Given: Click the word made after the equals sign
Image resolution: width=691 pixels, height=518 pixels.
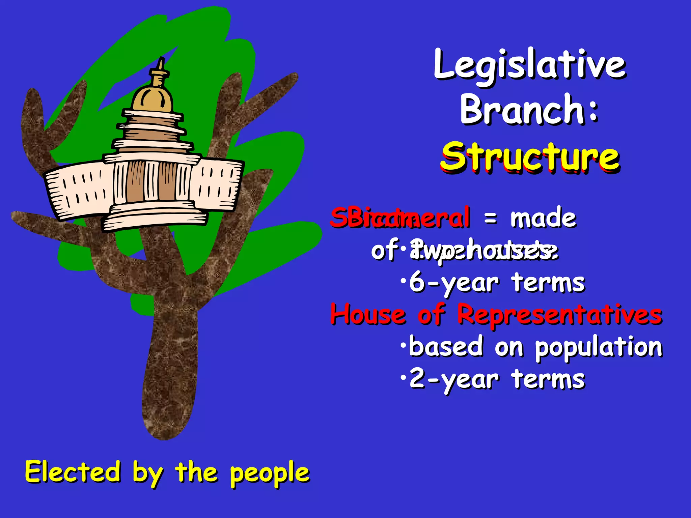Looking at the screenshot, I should click(543, 218).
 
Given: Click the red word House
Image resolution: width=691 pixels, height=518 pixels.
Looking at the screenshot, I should click(368, 314).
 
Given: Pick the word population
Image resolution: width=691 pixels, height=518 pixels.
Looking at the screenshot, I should click(599, 347).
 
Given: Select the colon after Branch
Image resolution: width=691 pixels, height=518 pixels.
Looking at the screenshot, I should click(594, 111).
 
